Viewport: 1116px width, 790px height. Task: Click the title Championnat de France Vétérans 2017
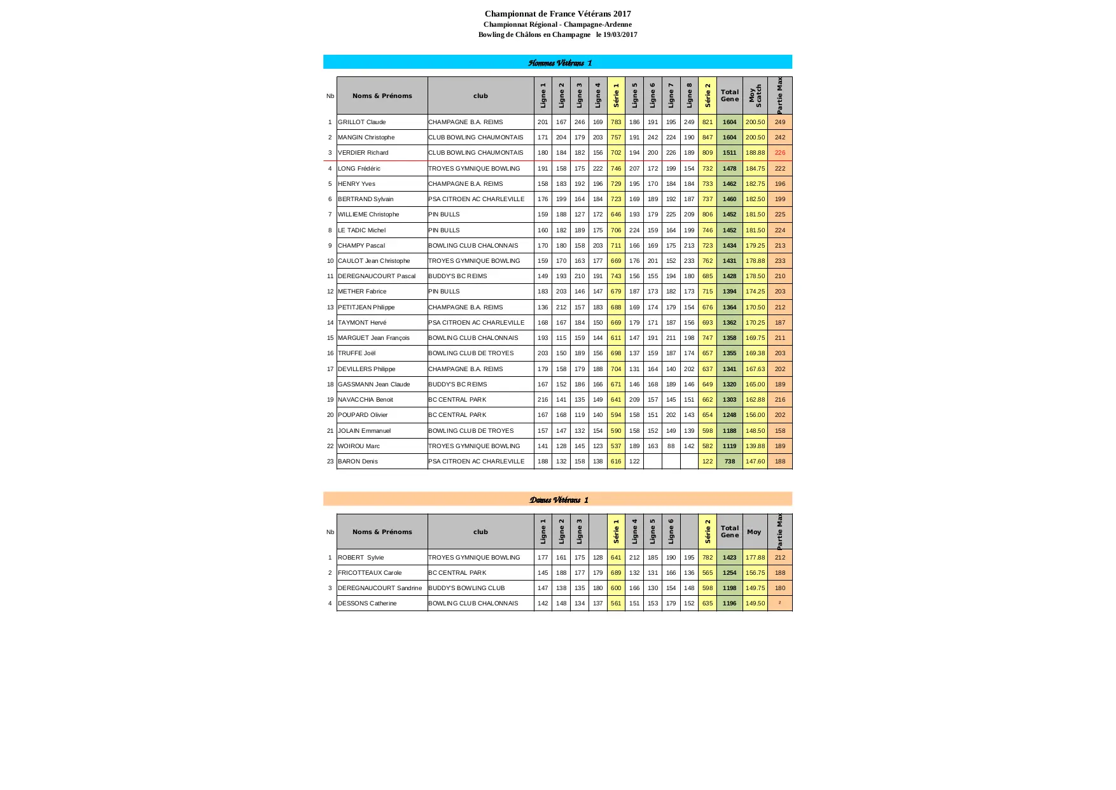click(x=557, y=13)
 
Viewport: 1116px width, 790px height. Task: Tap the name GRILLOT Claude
click(x=362, y=122)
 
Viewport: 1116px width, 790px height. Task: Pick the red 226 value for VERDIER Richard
click(x=780, y=153)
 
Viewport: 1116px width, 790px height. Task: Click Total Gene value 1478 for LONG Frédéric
click(x=729, y=169)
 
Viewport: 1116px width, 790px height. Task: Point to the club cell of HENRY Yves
click(x=466, y=184)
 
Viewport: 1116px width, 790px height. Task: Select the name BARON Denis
click(x=358, y=462)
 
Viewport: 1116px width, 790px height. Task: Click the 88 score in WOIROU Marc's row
click(x=671, y=446)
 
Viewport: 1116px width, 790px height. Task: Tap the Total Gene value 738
click(x=730, y=462)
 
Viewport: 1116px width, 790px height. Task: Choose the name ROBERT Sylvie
click(x=361, y=558)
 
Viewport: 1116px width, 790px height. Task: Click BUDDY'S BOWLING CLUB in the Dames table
click(x=466, y=588)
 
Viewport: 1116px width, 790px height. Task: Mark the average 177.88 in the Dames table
click(x=755, y=558)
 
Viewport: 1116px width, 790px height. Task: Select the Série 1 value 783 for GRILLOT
click(x=616, y=122)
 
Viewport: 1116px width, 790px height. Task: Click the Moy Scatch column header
click(x=755, y=95)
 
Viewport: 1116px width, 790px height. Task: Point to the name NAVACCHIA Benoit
click(x=365, y=400)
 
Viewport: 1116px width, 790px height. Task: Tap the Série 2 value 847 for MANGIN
click(x=708, y=138)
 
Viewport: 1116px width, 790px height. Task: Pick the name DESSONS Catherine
click(x=367, y=603)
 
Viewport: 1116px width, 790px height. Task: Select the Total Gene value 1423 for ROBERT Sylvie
click(x=729, y=558)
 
